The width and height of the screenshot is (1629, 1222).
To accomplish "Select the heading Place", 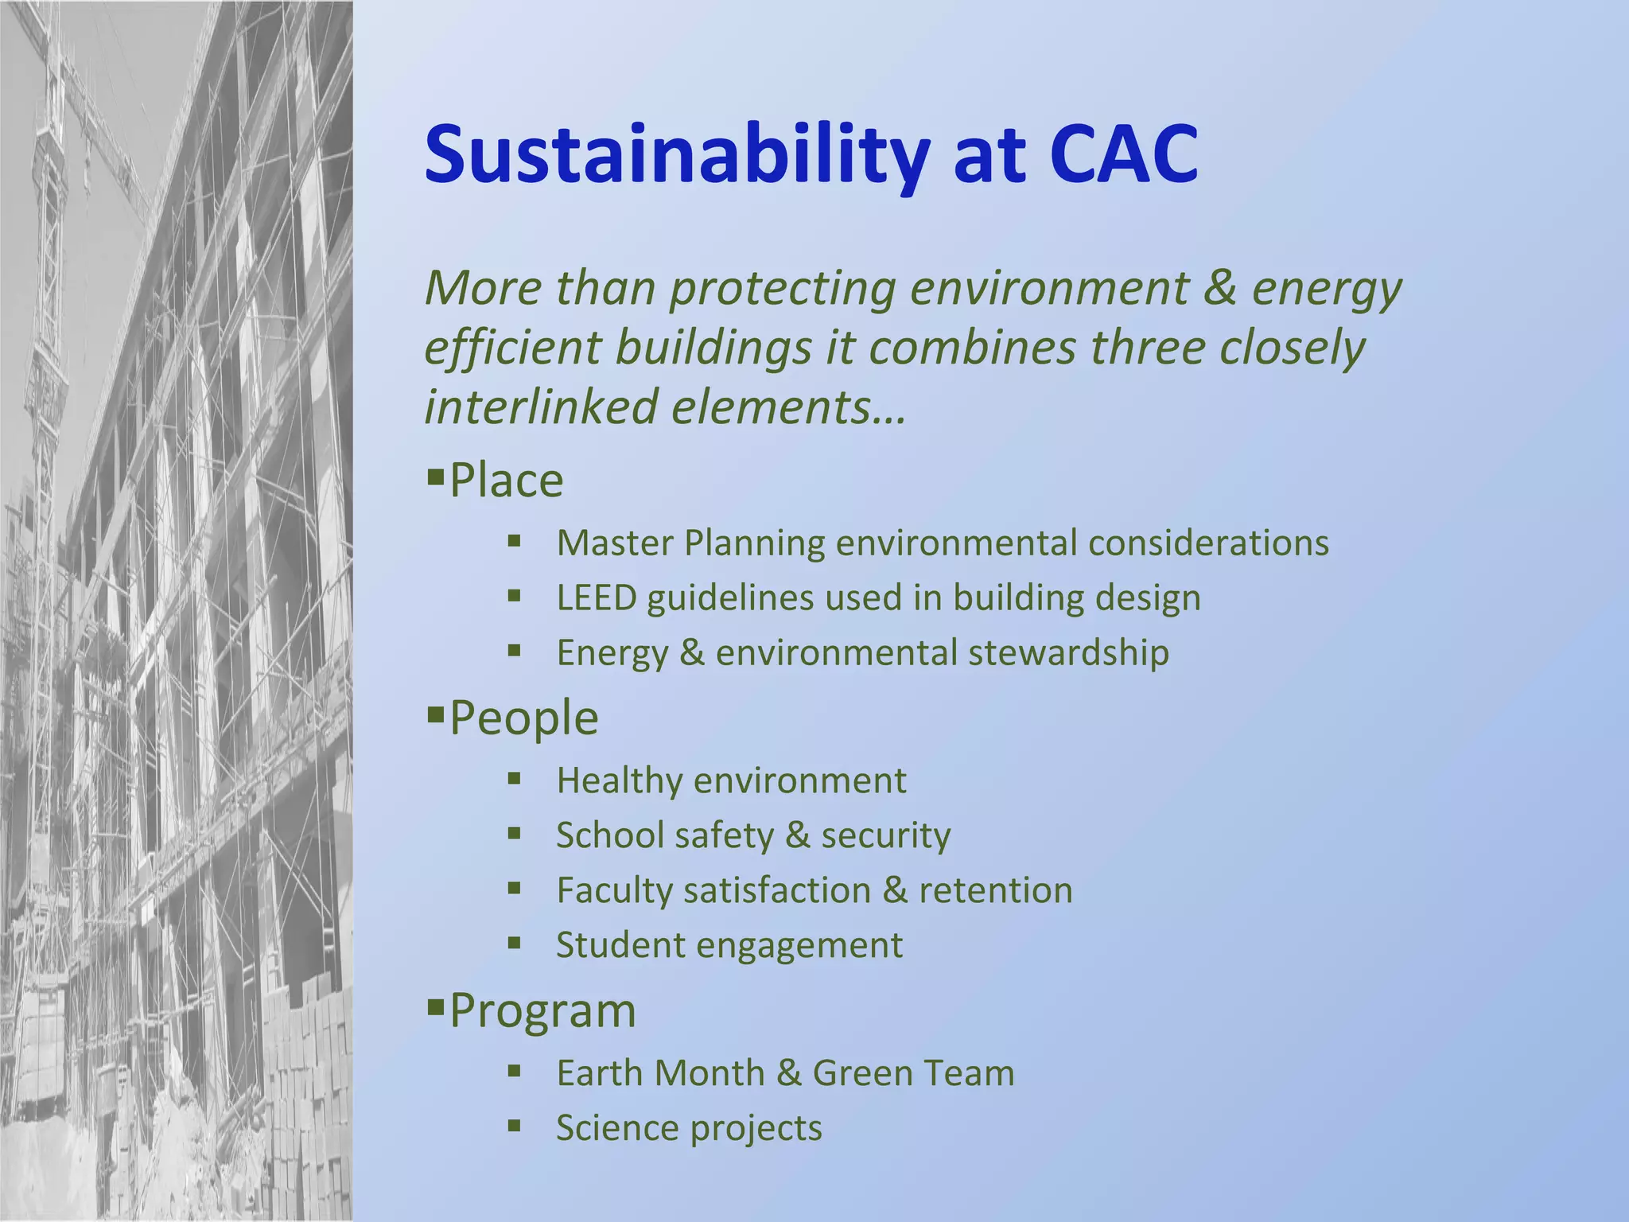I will click(506, 481).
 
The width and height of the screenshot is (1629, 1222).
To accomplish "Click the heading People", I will click(523, 718).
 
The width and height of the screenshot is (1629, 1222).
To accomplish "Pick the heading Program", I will click(542, 1010).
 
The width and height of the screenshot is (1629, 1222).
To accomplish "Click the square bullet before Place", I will click(434, 477).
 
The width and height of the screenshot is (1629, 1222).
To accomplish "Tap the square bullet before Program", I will click(434, 1008).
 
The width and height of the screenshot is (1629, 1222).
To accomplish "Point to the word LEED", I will click(597, 597).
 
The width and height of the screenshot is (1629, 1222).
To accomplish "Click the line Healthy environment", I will click(730, 780).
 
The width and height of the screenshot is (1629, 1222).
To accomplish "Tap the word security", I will click(885, 835).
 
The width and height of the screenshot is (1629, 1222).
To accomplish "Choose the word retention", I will click(995, 890).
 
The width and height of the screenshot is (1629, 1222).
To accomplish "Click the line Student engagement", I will click(729, 945).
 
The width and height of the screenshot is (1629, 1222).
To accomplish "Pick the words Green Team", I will click(913, 1072).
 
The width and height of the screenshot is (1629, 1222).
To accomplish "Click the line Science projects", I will click(689, 1128).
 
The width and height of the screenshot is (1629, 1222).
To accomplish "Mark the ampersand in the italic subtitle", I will click(1219, 288).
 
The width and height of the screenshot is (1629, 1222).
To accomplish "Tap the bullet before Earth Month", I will click(514, 1071).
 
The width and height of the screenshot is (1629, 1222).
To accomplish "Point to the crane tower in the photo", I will click(48, 239).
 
